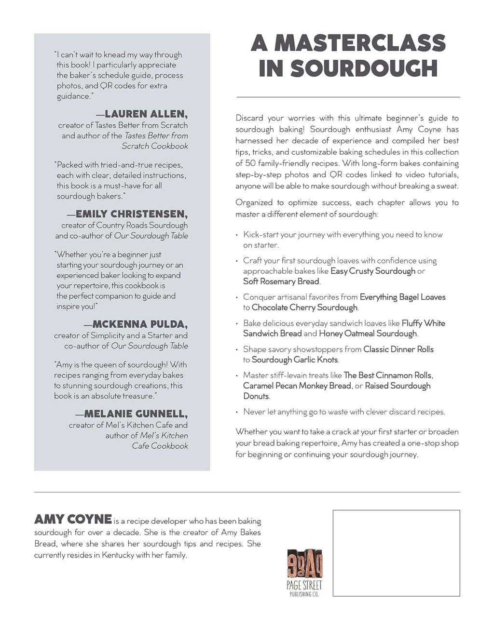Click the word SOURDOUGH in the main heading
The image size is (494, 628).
[x=364, y=68]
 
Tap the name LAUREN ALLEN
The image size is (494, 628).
[x=145, y=114]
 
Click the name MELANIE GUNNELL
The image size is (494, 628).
[x=136, y=414]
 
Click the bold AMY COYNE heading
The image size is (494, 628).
[x=73, y=520]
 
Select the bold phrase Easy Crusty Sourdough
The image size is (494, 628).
[x=372, y=271]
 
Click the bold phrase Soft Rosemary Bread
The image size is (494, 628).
[x=281, y=281]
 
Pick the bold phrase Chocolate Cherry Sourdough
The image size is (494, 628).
[x=304, y=307]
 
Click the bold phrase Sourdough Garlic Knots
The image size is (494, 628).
[x=295, y=360]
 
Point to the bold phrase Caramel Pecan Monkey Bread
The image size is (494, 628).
[x=297, y=386]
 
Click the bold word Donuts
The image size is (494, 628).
[x=256, y=396]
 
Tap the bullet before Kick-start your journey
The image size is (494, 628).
[x=237, y=235]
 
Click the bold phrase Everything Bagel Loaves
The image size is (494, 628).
[x=402, y=297]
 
